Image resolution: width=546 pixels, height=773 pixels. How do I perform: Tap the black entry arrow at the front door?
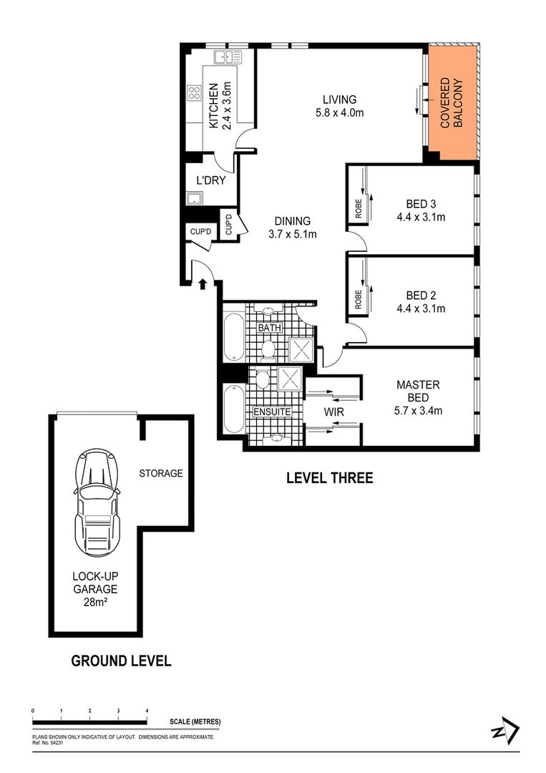(x=202, y=283)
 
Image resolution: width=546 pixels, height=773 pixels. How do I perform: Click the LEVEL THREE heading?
(x=329, y=478)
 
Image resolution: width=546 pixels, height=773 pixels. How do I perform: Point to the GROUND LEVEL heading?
(x=121, y=661)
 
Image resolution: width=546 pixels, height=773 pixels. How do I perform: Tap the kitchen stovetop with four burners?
(x=194, y=92)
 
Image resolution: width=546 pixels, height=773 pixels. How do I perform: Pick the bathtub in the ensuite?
(x=234, y=409)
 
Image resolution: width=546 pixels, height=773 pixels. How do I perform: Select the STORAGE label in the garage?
(x=161, y=473)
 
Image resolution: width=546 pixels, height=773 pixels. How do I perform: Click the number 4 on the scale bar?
(x=147, y=711)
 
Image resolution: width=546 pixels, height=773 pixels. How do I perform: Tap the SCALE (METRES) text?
(x=195, y=721)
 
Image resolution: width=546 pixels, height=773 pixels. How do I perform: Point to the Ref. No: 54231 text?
(x=49, y=742)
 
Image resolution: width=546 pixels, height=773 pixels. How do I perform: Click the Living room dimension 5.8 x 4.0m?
(x=338, y=112)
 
